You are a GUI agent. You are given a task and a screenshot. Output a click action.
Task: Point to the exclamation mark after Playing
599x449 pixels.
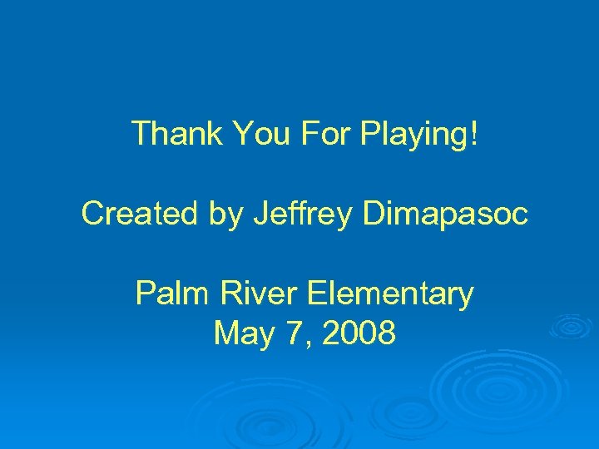coord(474,133)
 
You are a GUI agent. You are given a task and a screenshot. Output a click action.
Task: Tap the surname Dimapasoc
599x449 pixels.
coord(445,214)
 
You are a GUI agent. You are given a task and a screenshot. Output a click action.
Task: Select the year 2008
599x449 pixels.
coord(359,333)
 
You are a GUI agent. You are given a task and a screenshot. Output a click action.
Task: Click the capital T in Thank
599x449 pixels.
coord(141,133)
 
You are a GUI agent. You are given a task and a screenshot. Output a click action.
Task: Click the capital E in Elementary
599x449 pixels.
coord(316,294)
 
